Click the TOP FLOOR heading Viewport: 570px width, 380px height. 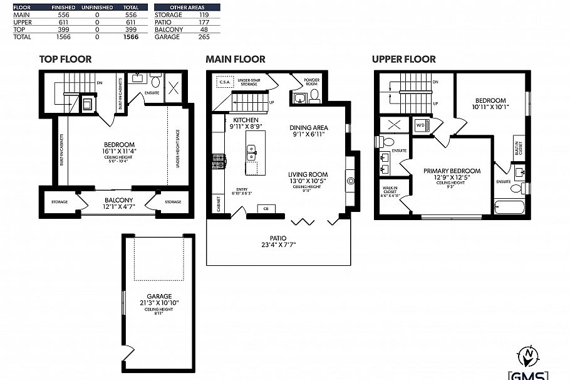pos(65,60)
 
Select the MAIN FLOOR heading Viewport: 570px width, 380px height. pos(236,60)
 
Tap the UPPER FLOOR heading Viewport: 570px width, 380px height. pos(403,60)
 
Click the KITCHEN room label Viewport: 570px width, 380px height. pos(246,119)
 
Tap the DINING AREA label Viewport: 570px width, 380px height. pos(309,128)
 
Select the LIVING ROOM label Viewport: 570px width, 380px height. pos(308,175)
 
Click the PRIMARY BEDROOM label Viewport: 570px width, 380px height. pos(452,171)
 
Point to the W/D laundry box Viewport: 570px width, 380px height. pos(420,125)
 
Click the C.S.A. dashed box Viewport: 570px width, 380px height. pos(224,82)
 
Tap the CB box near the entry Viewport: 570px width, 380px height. pos(266,208)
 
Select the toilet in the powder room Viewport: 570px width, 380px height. pos(314,95)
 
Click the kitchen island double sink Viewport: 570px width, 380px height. pos(252,150)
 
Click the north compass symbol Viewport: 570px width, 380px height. pos(529,356)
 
